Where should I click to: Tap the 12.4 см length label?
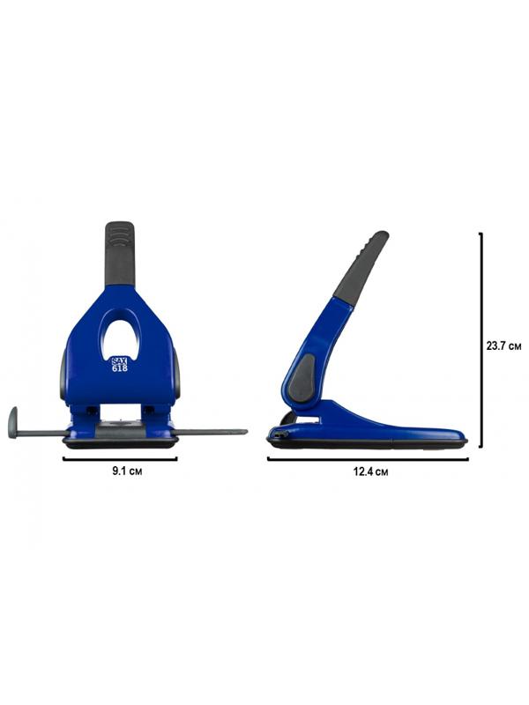(x=370, y=471)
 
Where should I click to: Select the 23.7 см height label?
(x=503, y=345)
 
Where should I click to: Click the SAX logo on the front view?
(x=119, y=361)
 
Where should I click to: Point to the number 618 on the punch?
(x=119, y=368)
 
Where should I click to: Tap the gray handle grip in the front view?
(x=120, y=253)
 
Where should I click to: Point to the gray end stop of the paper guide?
(x=13, y=422)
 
